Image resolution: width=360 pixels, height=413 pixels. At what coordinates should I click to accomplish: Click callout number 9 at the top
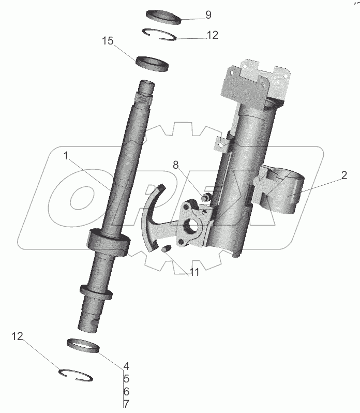coord(208,15)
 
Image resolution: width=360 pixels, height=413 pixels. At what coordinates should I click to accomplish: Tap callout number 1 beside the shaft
coord(66,155)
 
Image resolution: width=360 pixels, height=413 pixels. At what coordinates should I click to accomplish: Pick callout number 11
coord(193,272)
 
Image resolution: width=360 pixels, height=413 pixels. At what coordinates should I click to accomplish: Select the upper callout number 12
coord(212,35)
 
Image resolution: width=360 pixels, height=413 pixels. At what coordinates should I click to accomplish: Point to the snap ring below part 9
coord(160,34)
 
